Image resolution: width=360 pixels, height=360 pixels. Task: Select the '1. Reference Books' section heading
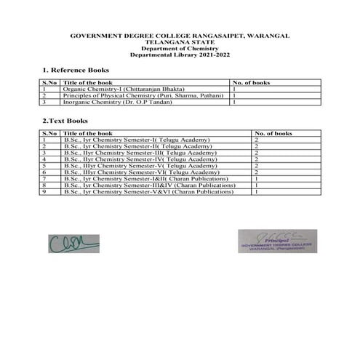tap(76, 71)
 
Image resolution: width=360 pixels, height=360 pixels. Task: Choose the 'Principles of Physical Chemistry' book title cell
tap(145, 95)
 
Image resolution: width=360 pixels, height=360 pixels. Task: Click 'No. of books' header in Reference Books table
tap(249, 83)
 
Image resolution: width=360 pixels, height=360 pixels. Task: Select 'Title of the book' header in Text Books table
tap(85, 134)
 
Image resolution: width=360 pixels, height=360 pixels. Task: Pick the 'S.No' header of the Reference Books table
tap(50, 83)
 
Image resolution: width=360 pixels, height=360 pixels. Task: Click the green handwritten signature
tap(67, 241)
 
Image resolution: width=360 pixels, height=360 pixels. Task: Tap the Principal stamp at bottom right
tap(276, 243)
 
